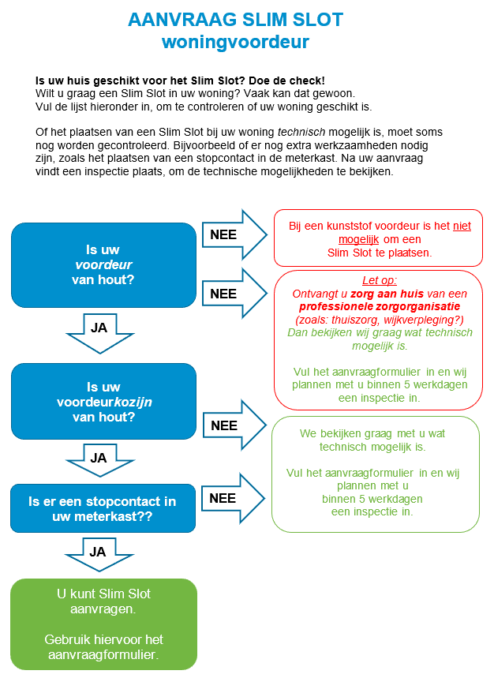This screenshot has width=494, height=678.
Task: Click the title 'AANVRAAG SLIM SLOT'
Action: click(246, 20)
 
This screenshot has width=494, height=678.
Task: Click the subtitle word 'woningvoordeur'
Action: click(246, 42)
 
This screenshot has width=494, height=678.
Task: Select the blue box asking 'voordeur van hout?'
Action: click(103, 264)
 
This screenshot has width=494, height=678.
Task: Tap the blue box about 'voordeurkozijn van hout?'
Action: click(103, 402)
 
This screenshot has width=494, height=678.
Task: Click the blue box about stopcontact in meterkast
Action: click(103, 508)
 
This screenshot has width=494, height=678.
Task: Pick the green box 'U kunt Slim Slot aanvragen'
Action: click(103, 624)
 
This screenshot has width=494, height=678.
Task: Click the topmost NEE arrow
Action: click(234, 234)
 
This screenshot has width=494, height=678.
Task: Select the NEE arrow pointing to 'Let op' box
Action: click(234, 293)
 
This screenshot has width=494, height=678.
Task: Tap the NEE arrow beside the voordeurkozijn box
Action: click(234, 425)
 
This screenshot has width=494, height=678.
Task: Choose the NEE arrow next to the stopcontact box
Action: click(234, 498)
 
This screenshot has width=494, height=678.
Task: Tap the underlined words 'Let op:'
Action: click(379, 280)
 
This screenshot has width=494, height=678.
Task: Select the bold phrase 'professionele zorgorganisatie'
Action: click(379, 306)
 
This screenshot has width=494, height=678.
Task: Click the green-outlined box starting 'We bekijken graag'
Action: click(375, 474)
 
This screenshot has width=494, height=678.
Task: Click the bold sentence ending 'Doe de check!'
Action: click(180, 81)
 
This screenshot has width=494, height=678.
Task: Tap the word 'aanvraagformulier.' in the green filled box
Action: click(103, 654)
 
